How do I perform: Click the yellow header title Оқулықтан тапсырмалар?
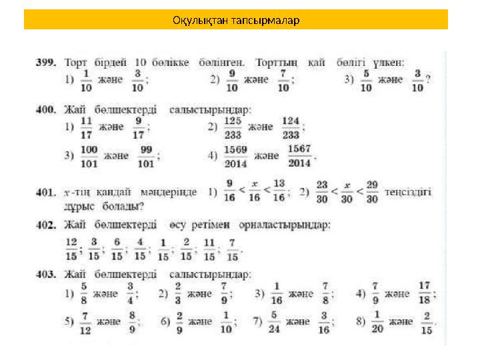[x=236, y=20]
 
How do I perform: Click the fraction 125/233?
[x=232, y=127]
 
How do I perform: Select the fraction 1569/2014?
[x=236, y=155]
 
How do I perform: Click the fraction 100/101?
[x=89, y=155]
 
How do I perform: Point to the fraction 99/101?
[x=146, y=155]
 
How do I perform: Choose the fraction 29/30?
[x=372, y=191]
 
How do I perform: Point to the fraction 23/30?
[x=323, y=191]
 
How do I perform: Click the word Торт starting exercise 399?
[x=75, y=61]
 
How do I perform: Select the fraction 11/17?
[x=86, y=127]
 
